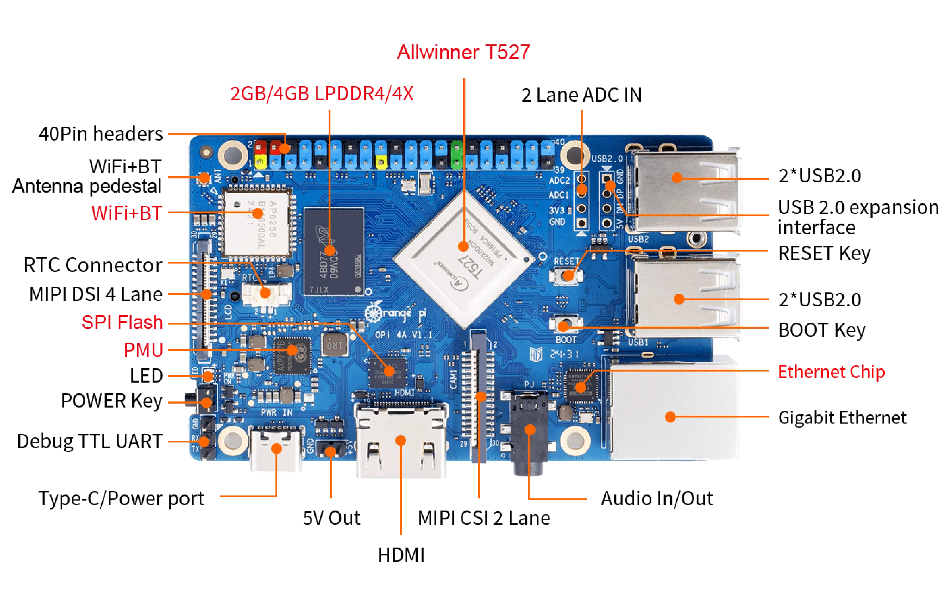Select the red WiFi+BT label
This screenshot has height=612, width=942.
click(x=127, y=213)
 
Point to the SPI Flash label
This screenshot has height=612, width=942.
click(x=122, y=322)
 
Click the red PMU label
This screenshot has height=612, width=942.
click(x=144, y=350)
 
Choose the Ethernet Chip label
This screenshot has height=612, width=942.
click(x=831, y=372)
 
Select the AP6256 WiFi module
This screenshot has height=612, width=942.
click(x=257, y=224)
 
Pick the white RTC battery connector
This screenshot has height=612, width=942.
click(x=266, y=293)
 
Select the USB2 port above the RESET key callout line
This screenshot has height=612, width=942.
click(x=685, y=190)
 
